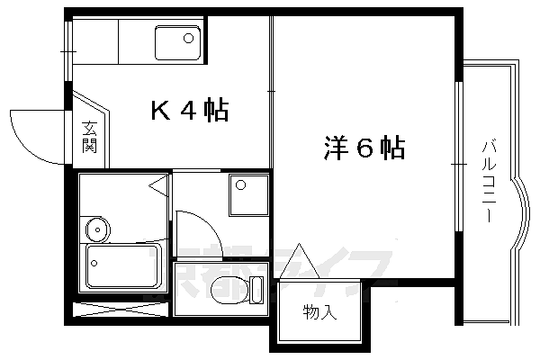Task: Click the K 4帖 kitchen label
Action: [x=188, y=112]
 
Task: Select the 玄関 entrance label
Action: [x=89, y=137]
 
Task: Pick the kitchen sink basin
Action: [x=176, y=42]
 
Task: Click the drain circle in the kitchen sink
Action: [x=189, y=38]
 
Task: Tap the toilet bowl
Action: [x=226, y=291]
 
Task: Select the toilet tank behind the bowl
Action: [x=256, y=290]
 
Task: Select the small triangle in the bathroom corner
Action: [x=158, y=188]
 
